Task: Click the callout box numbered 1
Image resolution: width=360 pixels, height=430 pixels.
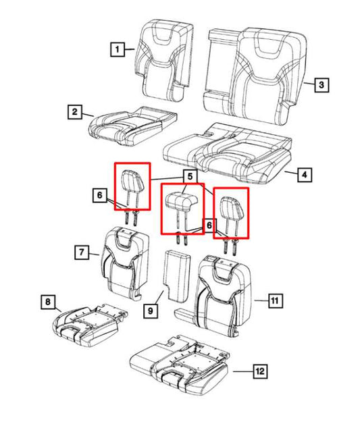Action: [118, 49]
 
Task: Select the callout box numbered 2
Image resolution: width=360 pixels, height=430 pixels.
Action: [75, 111]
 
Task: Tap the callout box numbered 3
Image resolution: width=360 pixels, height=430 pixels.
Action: [322, 85]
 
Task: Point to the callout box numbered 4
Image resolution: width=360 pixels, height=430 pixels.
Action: [304, 176]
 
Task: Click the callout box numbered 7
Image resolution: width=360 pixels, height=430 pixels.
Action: [80, 253]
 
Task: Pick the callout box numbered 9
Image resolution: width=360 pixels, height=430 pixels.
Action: [149, 311]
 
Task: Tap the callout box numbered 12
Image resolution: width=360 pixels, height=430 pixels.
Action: [259, 371]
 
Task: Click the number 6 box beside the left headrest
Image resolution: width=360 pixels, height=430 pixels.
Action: [99, 196]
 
